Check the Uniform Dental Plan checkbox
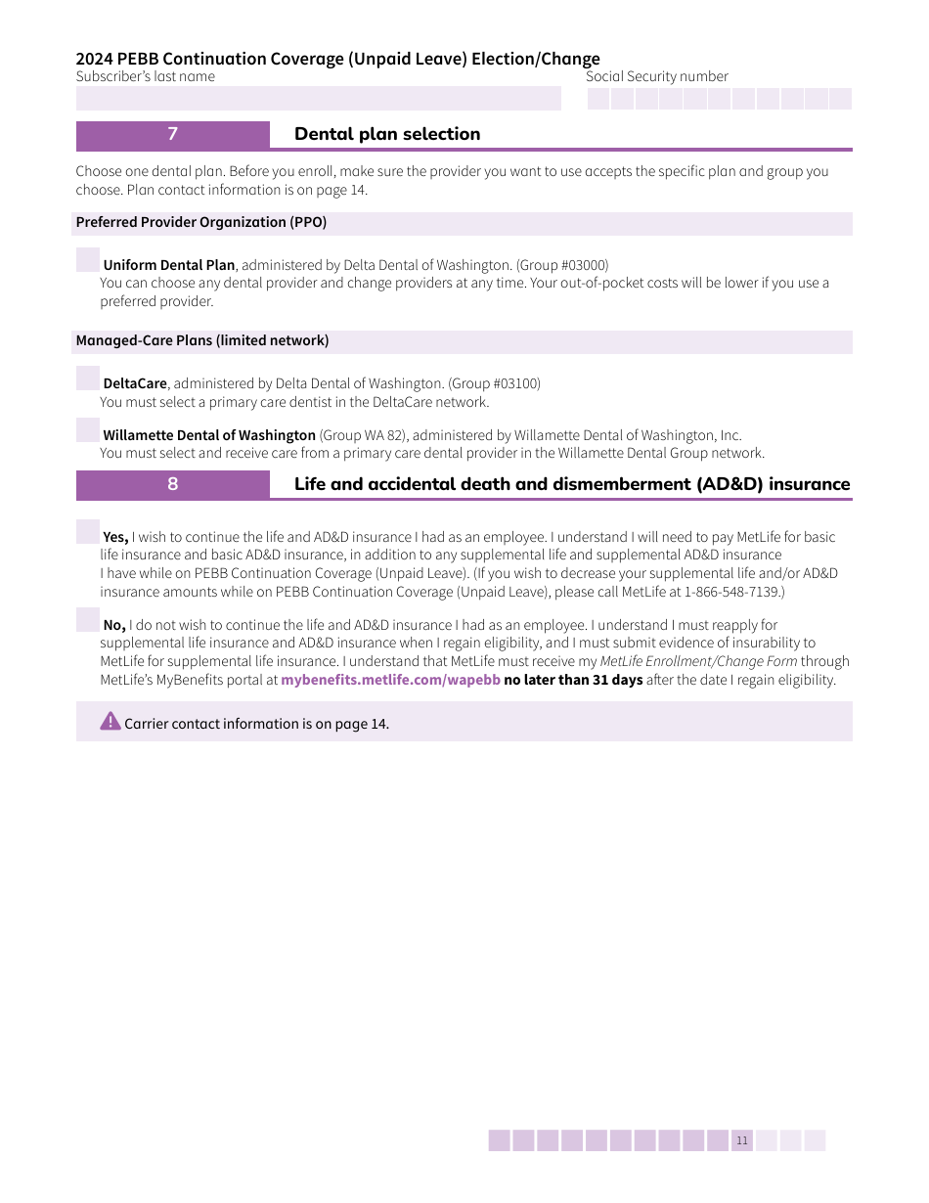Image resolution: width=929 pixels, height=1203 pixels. tap(88, 260)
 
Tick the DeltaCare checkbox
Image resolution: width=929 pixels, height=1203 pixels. tap(88, 379)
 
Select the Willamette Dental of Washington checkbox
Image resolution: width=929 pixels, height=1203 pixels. tap(88, 430)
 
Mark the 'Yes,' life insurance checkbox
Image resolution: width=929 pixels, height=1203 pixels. tap(88, 532)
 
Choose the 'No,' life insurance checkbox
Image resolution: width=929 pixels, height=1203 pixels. tap(88, 620)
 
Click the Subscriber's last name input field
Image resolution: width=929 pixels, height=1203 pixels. tap(319, 99)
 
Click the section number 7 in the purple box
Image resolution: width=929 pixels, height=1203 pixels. tap(173, 134)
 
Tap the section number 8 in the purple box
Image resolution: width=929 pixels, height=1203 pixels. tap(173, 484)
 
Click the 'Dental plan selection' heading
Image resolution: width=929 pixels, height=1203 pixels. tap(387, 134)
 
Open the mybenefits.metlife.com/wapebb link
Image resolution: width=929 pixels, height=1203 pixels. tap(390, 681)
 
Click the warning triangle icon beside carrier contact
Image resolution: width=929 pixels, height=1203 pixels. tap(111, 722)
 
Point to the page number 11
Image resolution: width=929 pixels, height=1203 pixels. tap(742, 1140)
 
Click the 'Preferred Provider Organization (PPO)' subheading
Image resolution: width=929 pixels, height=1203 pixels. tap(201, 223)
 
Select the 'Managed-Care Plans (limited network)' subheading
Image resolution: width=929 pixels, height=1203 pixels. tap(202, 341)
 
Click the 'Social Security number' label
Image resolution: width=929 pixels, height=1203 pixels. tap(657, 77)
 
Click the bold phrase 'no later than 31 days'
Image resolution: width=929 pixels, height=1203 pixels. tap(573, 681)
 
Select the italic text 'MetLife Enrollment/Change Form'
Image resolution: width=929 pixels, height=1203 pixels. tap(698, 662)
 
